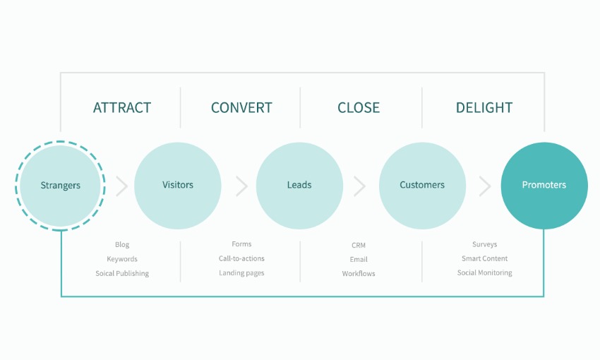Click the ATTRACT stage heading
pos(122,108)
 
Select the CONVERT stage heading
pos(241,108)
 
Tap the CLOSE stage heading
pos(359,108)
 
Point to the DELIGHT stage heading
pos(484,108)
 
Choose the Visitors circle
pos(178,186)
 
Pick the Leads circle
pos(299,186)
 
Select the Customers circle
pos(422,186)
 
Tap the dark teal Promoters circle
pos(544,186)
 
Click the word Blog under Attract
pos(122,244)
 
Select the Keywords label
pos(122,259)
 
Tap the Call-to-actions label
pos(241,258)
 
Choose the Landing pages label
pos(241,272)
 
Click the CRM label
pos(359,245)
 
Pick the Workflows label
pos(359,274)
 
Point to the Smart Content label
pos(484,258)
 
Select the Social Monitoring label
pos(484,272)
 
